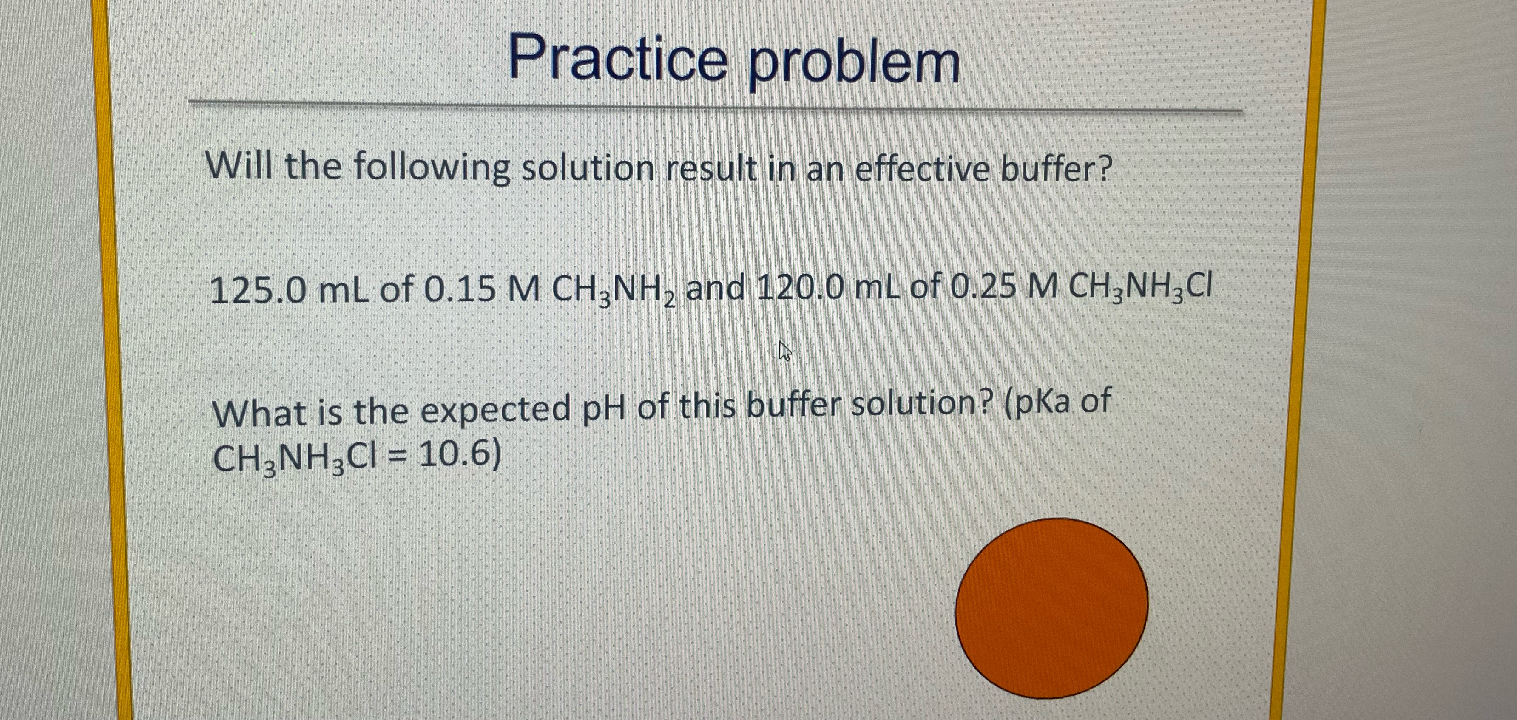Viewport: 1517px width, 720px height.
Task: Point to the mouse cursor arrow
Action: pos(784,351)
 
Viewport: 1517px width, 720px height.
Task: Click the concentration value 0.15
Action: pos(459,289)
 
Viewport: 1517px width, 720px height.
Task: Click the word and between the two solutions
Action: pos(716,289)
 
